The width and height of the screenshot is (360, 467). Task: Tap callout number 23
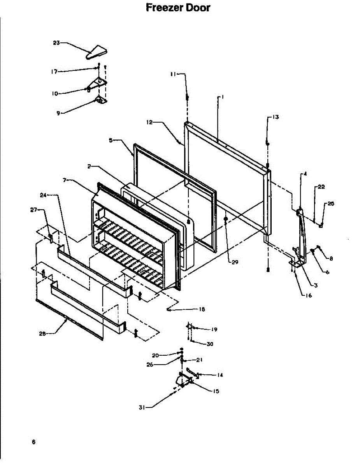coord(56,43)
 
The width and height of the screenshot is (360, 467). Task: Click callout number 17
coord(54,72)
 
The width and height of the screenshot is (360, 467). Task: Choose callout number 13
coord(276,117)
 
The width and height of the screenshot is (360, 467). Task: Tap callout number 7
coord(65,180)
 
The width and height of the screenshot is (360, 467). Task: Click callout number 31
coord(142,407)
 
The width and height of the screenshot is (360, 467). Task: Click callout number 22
coord(321,187)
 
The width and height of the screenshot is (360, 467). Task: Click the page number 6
coord(34,442)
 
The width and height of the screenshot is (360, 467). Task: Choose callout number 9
coord(58,113)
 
